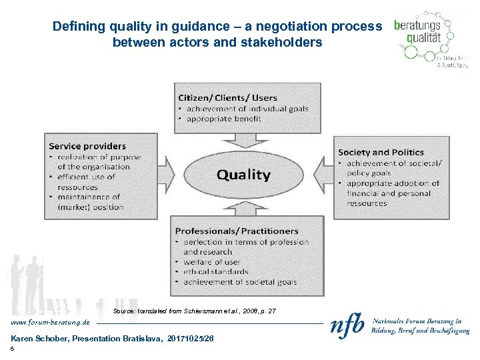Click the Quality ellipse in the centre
[244, 175]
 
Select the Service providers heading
[87, 146]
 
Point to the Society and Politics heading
[381, 153]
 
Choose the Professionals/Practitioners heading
[237, 231]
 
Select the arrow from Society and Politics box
[325, 175]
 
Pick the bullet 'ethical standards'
[215, 272]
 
